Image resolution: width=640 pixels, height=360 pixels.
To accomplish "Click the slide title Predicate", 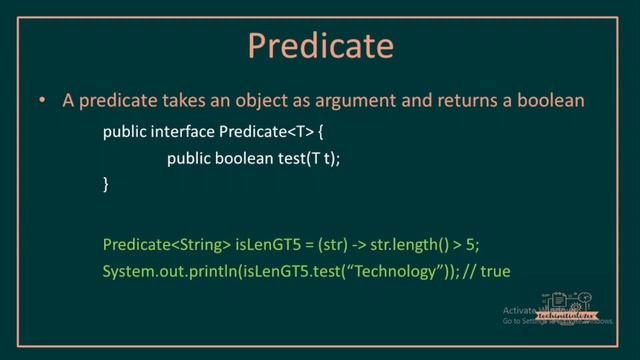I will tap(319, 45).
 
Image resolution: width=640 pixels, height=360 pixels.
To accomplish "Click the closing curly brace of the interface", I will tap(107, 184).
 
